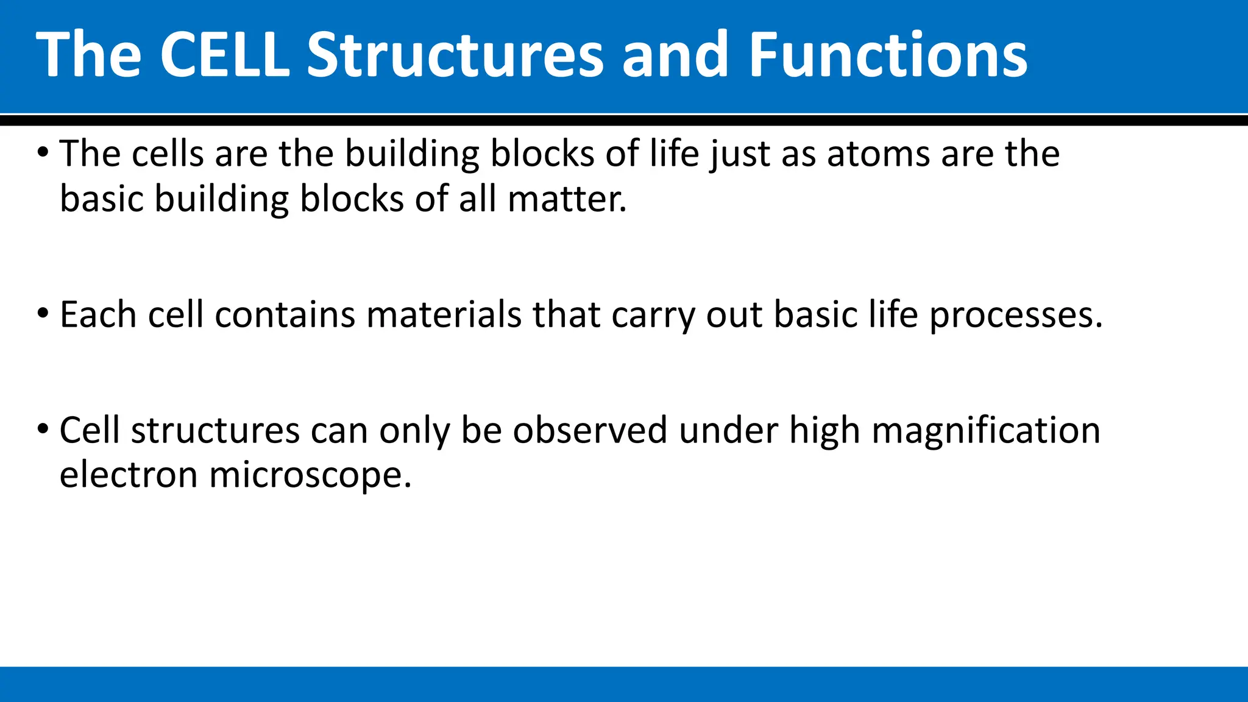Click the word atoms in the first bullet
click(877, 154)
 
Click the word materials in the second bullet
click(444, 315)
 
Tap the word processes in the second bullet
click(1016, 315)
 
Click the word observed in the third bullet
click(590, 430)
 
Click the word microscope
click(310, 475)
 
